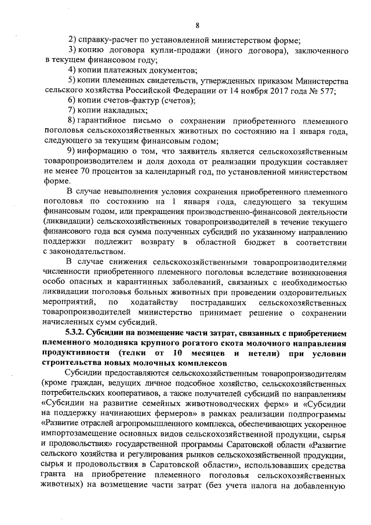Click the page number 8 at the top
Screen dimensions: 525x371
(197, 25)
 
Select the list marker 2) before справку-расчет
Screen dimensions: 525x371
(72, 40)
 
